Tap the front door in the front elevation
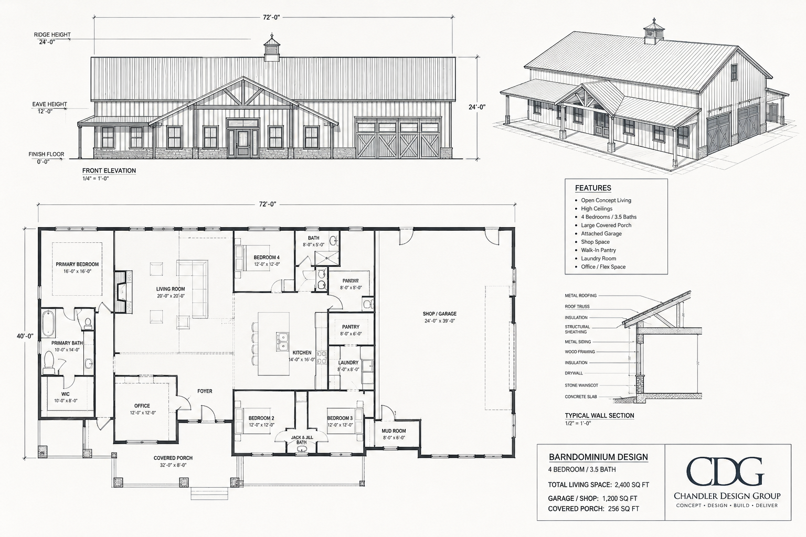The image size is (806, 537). coord(243,144)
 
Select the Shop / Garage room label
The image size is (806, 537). coord(440,314)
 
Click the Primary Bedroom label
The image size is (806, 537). coord(77,264)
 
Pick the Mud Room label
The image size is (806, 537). coord(394,431)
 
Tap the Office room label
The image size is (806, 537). coord(142,406)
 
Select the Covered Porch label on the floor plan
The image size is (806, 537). coord(173,458)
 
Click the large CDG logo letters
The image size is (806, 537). coord(725,471)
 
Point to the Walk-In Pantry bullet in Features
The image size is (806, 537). coord(598,250)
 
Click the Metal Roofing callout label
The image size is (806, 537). coord(581,296)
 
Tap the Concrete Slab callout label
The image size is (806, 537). coord(581,397)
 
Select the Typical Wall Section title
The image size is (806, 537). coord(599,415)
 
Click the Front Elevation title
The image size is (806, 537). coord(109,170)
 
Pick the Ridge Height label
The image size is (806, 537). coord(52,35)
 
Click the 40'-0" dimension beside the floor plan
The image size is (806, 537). coord(25,336)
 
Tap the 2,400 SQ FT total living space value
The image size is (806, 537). coord(632,485)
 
